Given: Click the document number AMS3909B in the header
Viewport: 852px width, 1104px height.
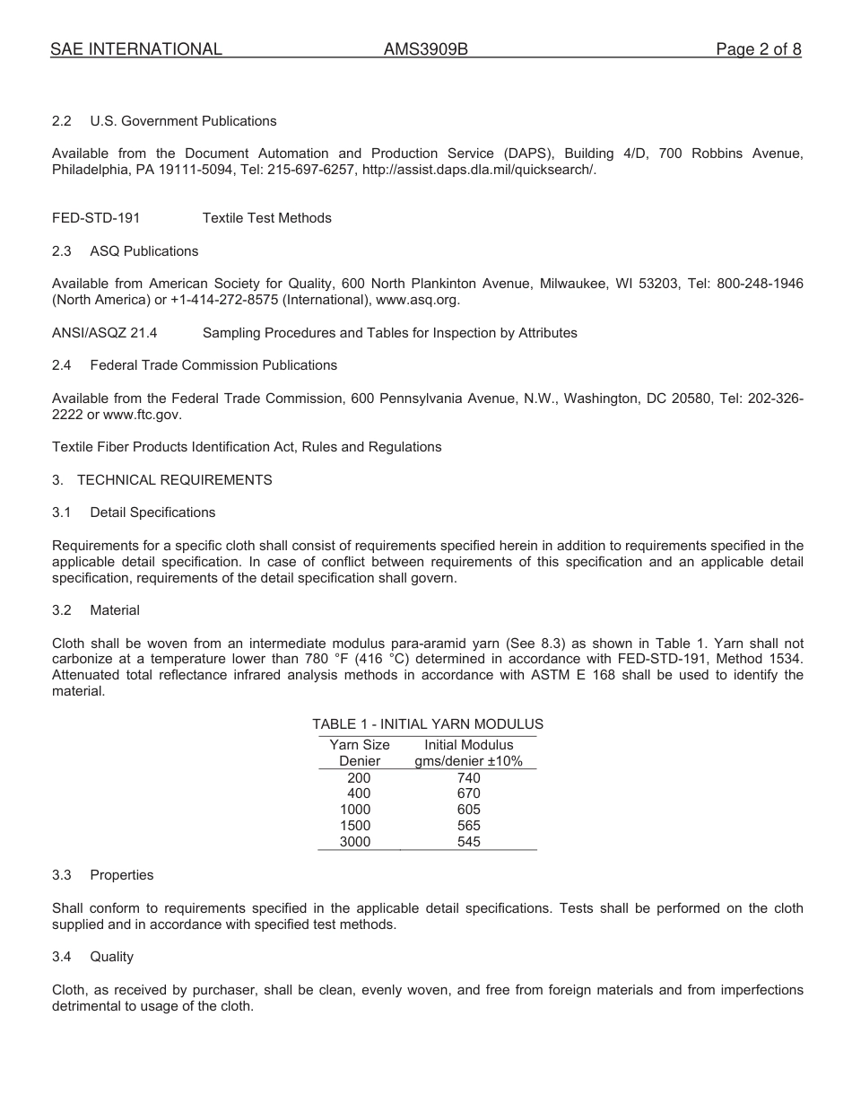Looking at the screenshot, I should point(426,49).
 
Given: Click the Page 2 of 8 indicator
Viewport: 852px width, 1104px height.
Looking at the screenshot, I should point(758,49).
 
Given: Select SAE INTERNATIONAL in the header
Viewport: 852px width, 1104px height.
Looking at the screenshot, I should point(136,49).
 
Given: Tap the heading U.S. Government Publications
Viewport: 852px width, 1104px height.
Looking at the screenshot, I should point(183,121).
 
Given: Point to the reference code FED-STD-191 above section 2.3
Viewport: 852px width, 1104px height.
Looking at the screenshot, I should point(96,218).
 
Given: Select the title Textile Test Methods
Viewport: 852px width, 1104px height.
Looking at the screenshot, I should point(266,218).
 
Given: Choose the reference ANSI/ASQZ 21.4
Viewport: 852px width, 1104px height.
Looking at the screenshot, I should point(105,333).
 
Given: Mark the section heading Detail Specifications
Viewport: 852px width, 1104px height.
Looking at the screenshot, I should point(152,513).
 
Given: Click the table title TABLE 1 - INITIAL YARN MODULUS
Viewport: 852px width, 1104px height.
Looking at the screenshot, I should point(427,724).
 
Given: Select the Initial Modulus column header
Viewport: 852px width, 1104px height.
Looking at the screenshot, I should point(468,745).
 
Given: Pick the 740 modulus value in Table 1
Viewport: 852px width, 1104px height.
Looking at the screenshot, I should point(468,778).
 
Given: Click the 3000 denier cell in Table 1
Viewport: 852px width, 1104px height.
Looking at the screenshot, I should point(355,842).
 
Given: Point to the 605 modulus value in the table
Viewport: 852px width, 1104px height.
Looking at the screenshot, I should point(468,810).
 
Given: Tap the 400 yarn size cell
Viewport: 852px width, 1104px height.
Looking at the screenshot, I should point(358,793).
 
